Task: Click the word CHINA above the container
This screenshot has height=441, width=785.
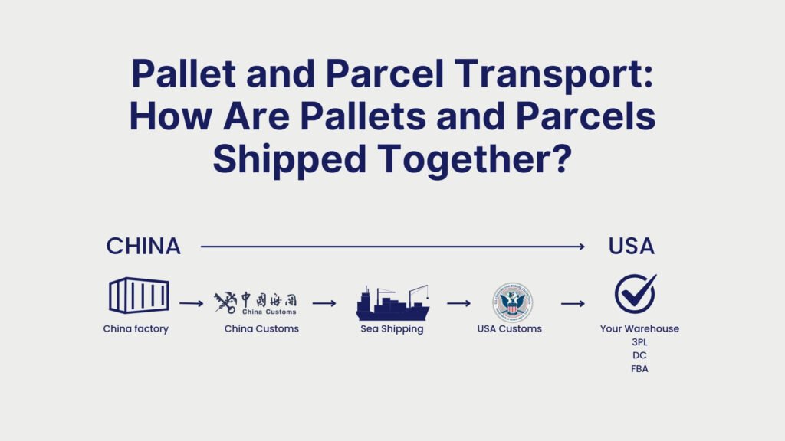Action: tap(143, 247)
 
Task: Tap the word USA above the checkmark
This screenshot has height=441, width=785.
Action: tap(631, 247)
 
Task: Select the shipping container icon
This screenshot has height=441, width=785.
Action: tap(139, 295)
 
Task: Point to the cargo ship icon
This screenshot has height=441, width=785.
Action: tap(392, 303)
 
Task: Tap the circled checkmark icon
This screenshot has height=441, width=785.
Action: tap(635, 294)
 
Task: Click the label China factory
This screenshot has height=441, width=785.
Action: tap(136, 329)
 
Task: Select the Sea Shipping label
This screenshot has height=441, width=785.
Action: tap(392, 329)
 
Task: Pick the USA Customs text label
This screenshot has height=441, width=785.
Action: tap(511, 329)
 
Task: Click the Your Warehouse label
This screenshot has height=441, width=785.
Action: tap(639, 329)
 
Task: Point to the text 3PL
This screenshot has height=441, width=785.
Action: tap(639, 342)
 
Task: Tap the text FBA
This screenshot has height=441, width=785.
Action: tap(639, 368)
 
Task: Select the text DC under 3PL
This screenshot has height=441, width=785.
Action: tap(639, 355)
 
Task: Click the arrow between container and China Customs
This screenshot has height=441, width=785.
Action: tap(191, 303)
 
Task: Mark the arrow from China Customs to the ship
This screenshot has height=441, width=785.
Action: tap(324, 303)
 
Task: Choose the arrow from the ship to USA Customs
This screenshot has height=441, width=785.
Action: tap(458, 303)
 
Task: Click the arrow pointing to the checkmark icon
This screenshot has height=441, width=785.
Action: tap(573, 303)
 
